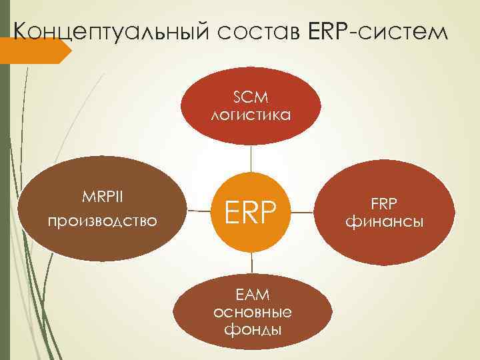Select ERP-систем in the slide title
(x=375, y=31)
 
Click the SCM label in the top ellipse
(x=250, y=98)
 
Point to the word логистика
(x=251, y=115)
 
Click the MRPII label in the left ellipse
(x=103, y=199)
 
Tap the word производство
(x=103, y=219)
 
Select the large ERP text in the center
(x=251, y=212)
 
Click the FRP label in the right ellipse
(x=383, y=203)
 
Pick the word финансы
(x=383, y=221)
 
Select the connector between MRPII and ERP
(x=198, y=211)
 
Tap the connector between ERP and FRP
(x=303, y=213)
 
